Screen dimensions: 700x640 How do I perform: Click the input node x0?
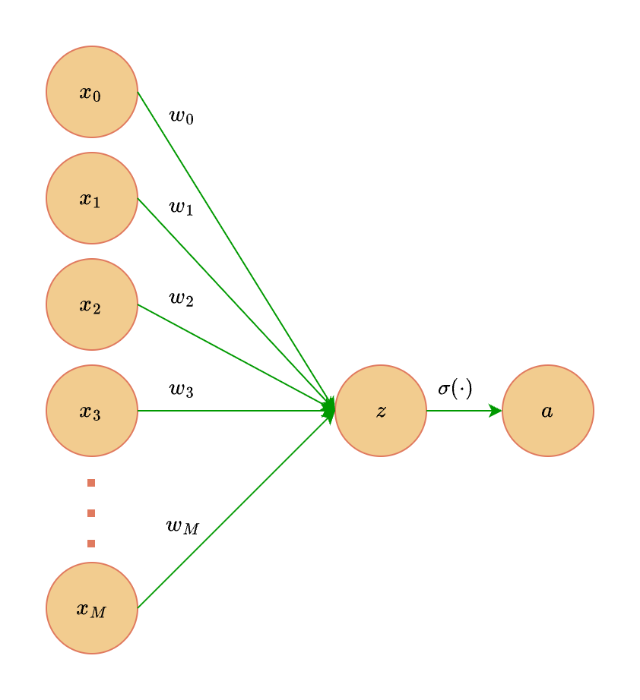tap(91, 92)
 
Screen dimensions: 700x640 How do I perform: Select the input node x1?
tap(91, 198)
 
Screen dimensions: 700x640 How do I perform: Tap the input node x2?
tap(91, 304)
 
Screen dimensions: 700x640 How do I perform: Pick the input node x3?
tap(91, 411)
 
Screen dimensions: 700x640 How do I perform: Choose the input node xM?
tap(91, 608)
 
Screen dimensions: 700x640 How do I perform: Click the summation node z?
tap(380, 411)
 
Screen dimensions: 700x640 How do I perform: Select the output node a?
tap(547, 411)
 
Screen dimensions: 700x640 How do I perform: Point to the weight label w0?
tap(181, 117)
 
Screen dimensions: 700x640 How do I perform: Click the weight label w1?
tap(181, 207)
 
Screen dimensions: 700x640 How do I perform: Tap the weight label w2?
tap(181, 298)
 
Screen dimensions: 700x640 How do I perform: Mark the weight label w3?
tap(181, 389)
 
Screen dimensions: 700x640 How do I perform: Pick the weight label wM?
tap(182, 525)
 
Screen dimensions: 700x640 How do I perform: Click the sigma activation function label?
tap(455, 389)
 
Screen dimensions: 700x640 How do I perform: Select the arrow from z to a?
tap(464, 411)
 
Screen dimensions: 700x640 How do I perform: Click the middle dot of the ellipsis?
tap(91, 513)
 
